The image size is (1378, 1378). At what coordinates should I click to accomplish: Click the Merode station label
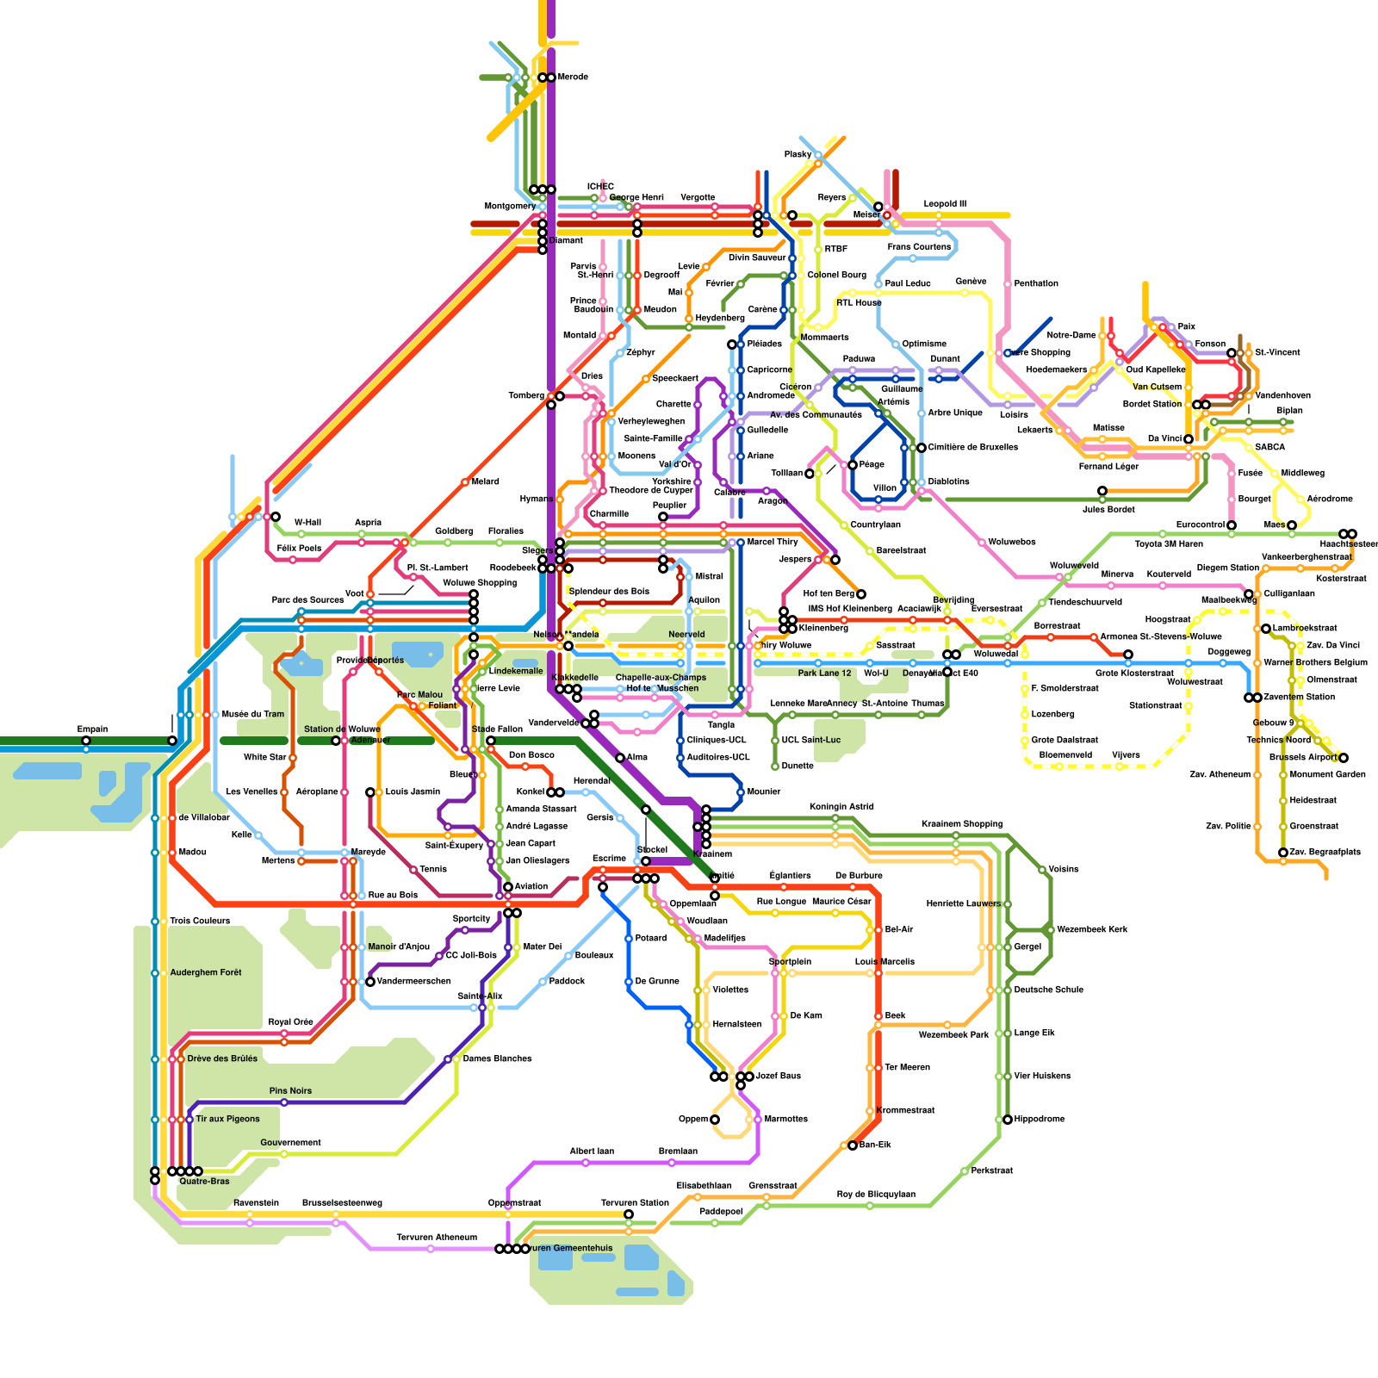click(573, 78)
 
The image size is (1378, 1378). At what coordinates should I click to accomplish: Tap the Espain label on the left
click(92, 729)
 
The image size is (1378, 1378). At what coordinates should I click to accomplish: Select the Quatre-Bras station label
click(204, 1182)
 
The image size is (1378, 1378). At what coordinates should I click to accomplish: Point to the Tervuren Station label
click(635, 1203)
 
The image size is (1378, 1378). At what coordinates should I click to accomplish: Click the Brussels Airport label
click(1303, 758)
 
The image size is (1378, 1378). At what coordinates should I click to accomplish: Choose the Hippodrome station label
click(1039, 1120)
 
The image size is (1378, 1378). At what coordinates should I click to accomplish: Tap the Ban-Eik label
click(875, 1145)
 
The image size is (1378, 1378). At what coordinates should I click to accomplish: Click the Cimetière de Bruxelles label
click(972, 448)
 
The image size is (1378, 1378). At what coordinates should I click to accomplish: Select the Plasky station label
click(798, 155)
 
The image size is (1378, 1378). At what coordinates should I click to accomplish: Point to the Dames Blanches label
click(497, 1059)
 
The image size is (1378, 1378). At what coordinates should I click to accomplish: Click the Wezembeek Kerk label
click(1092, 930)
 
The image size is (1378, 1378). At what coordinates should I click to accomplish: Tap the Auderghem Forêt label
click(206, 973)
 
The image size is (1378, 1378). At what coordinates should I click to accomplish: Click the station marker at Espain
click(86, 741)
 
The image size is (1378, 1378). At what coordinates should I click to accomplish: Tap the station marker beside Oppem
click(714, 1120)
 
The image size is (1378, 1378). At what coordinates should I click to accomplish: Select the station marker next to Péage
click(852, 465)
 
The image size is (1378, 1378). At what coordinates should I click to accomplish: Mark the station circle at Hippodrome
click(1008, 1120)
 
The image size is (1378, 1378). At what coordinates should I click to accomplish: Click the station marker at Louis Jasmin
click(370, 792)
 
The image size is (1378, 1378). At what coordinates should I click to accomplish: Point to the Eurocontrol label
click(1200, 525)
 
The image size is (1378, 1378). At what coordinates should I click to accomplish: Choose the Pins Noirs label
click(290, 1091)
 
